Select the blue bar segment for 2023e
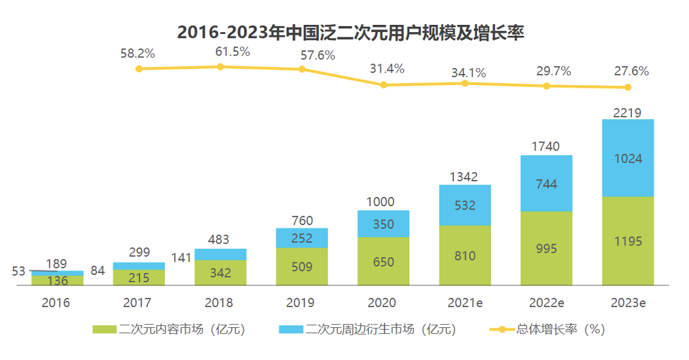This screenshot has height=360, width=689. [x=627, y=158]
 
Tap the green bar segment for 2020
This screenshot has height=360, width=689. [x=383, y=261]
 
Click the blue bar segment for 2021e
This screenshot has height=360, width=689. [x=465, y=205]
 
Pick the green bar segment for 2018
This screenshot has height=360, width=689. [x=220, y=272]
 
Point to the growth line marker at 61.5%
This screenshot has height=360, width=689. [x=220, y=67]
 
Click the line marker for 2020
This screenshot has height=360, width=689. [x=383, y=85]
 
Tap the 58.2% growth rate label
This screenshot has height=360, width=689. [x=138, y=54]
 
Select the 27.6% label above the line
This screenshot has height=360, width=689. [x=631, y=71]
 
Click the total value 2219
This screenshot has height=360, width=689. [x=627, y=113]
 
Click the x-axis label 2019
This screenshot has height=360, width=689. [x=301, y=303]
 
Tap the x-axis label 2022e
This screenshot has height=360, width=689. [x=546, y=303]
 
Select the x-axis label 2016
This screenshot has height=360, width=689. [x=56, y=303]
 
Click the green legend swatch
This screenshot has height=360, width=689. [x=105, y=329]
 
